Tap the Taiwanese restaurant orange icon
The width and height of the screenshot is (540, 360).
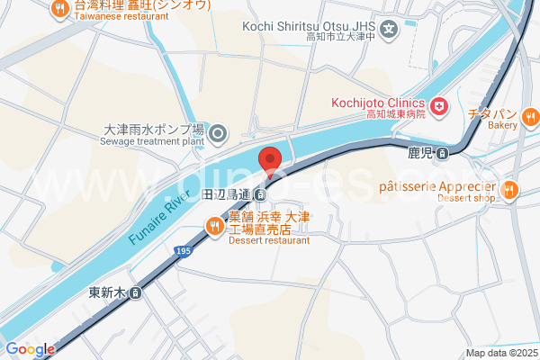(x=60, y=9)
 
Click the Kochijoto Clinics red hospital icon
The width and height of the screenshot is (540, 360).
(x=439, y=108)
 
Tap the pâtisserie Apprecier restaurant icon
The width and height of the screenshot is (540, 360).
(x=509, y=189)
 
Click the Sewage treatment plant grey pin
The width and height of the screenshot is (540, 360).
(x=218, y=136)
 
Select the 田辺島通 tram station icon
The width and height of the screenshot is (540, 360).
(x=259, y=194)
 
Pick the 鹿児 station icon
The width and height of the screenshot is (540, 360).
(x=442, y=153)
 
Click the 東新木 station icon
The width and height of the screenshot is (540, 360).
(x=135, y=292)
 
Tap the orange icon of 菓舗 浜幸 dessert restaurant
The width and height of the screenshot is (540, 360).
(x=214, y=229)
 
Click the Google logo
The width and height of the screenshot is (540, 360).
(x=29, y=349)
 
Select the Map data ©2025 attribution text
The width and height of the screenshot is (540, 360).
(x=499, y=353)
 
